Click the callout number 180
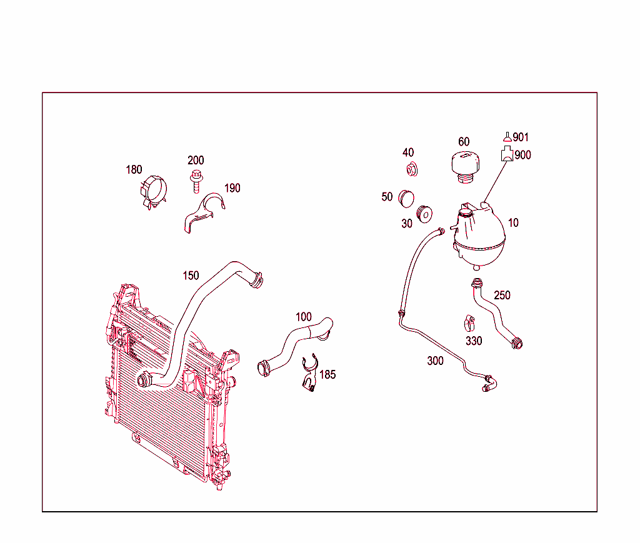(134, 169)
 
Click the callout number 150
(191, 276)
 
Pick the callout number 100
(304, 317)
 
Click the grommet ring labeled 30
(426, 212)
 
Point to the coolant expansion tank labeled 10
(478, 236)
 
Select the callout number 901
(521, 137)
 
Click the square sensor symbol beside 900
(506, 155)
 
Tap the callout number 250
(502, 295)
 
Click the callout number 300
(436, 361)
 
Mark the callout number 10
(513, 222)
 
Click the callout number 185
(327, 374)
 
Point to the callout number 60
(464, 142)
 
